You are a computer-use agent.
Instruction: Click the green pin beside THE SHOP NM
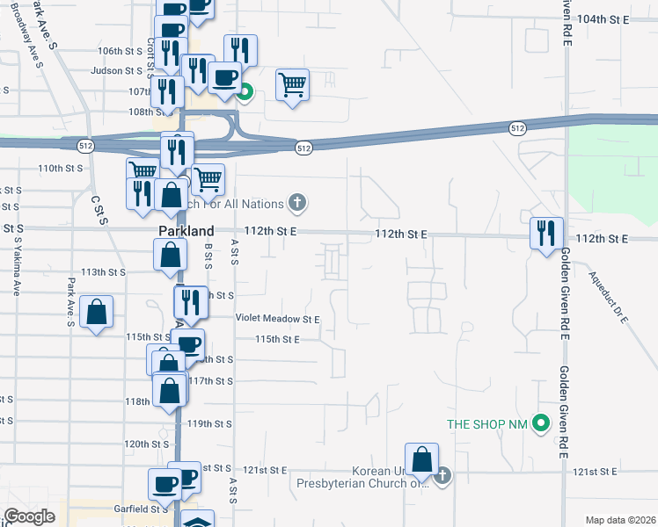coord(542,424)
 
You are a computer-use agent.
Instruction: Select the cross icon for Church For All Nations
coord(298,204)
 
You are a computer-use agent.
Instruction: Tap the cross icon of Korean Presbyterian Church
coord(442,476)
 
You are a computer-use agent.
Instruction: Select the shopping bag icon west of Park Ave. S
coord(97,312)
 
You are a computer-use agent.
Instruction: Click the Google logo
coord(29,516)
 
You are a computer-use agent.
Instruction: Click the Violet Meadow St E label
coord(277,319)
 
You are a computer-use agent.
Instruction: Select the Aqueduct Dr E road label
coord(609,298)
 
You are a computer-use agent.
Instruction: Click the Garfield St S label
coord(141,508)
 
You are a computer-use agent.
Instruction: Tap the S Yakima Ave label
coord(15,272)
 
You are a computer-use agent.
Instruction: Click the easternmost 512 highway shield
coord(517,128)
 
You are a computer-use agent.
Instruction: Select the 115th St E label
coord(278,339)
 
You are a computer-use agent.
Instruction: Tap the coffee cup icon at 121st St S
coord(166,482)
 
